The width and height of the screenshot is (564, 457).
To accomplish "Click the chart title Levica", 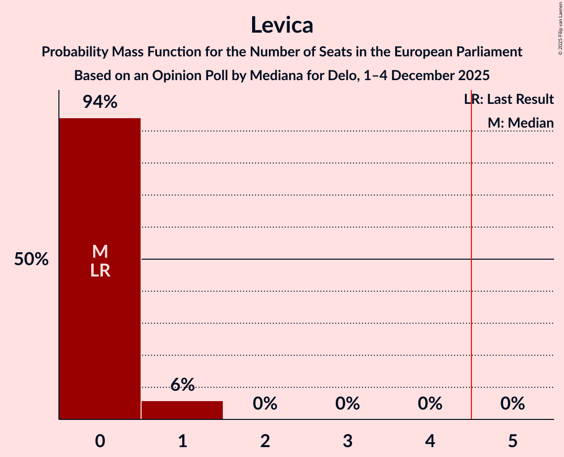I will tap(282, 25).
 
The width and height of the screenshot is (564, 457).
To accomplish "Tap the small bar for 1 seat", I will tap(182, 410).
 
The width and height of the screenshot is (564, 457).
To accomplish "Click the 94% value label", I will tap(100, 102).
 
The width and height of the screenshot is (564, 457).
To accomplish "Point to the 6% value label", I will tap(182, 385).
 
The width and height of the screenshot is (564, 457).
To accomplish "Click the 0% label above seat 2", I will tap(265, 404).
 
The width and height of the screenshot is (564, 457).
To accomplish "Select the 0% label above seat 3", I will tap(348, 404).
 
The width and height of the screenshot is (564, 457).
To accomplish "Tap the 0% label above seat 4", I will tap(430, 404).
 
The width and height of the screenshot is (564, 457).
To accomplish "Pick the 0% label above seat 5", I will tap(513, 404).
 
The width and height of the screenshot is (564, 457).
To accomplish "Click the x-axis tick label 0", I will tap(100, 441).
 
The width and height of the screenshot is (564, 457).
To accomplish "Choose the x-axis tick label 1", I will tap(182, 441).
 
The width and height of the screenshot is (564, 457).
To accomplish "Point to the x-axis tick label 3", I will tap(348, 441).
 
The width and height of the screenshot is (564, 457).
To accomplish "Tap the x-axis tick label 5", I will tap(513, 441).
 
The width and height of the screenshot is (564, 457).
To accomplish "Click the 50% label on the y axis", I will tap(31, 259).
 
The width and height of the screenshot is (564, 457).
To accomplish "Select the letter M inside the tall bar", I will tap(100, 252).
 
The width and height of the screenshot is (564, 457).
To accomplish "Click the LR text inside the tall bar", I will tap(100, 271).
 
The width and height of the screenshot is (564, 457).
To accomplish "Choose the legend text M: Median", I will tap(520, 123).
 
